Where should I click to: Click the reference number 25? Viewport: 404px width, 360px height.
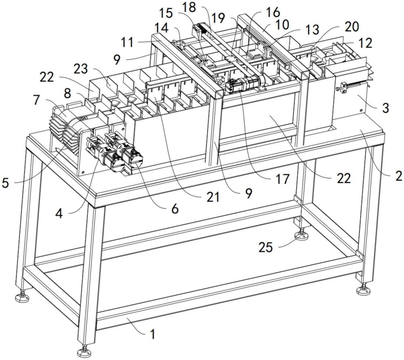265,247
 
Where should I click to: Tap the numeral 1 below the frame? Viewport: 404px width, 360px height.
152,334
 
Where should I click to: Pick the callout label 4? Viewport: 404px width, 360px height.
59,213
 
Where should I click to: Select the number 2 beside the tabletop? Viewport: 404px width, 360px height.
398,176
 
